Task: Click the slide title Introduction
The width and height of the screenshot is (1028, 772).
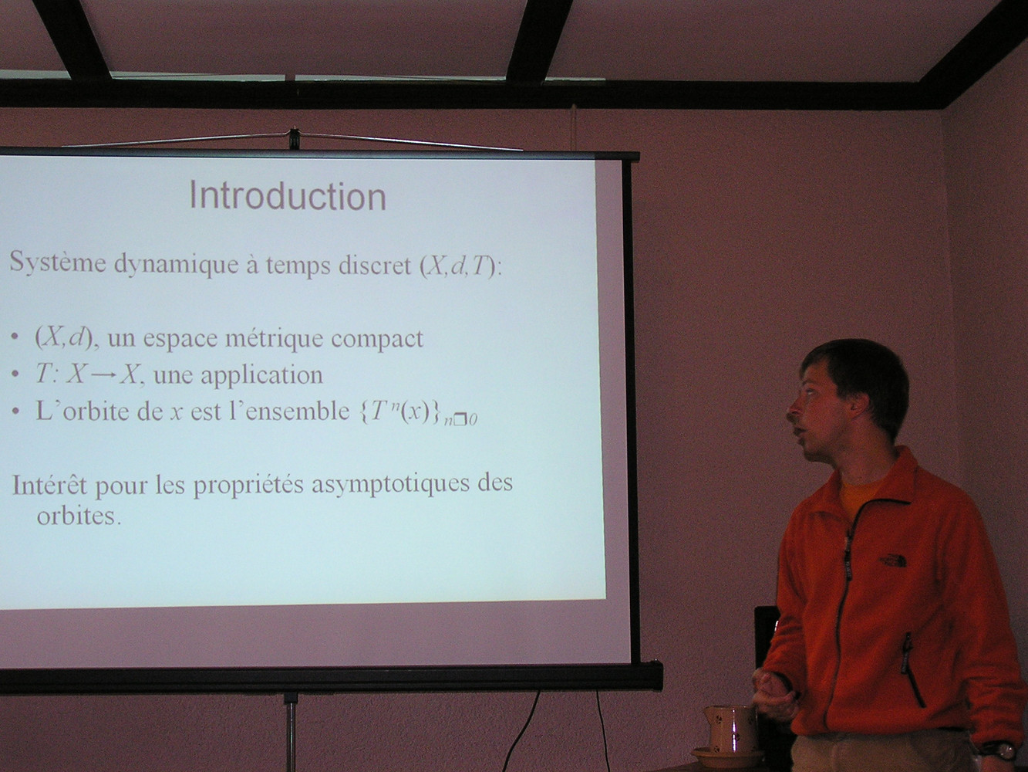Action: pos(288,196)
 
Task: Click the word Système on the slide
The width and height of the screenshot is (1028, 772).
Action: pos(58,262)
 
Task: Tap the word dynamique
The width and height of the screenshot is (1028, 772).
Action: pos(176,264)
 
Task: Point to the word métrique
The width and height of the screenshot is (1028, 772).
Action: pos(275,339)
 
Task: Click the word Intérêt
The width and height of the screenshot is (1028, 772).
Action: pos(49,485)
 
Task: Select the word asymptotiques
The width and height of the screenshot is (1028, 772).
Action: pos(390,485)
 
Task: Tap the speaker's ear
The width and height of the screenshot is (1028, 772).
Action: pos(860,405)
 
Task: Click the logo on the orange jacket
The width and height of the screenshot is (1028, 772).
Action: pos(893,560)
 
